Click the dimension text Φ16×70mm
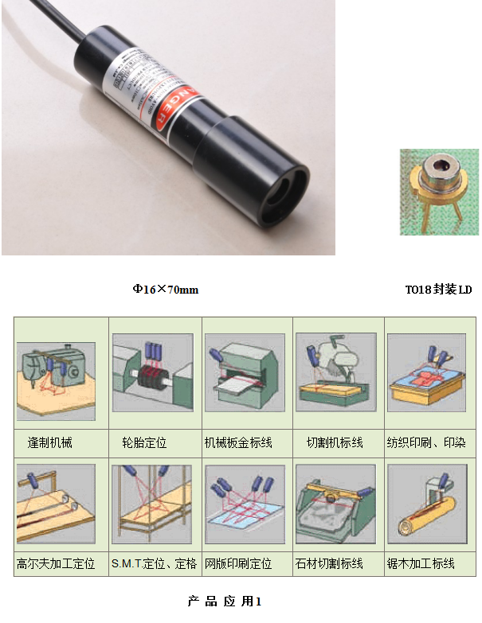point(165,290)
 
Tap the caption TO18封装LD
point(438,290)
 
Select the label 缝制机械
point(49,442)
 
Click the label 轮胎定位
point(144,442)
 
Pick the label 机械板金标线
point(238,442)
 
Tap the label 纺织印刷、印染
point(426,442)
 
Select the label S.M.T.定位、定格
point(154,563)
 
